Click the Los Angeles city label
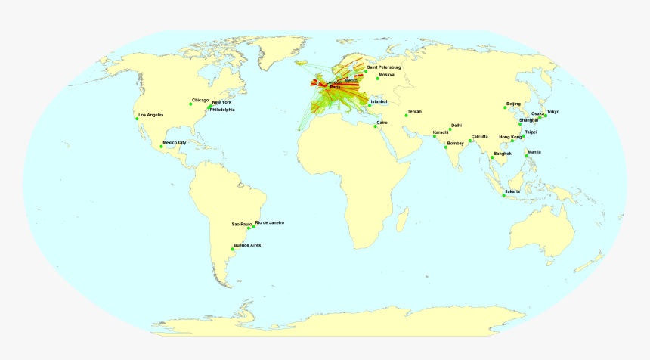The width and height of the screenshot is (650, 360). point(151,115)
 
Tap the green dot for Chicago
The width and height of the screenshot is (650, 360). point(191,104)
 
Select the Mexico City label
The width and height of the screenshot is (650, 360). point(175,142)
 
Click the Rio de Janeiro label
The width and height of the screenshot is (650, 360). point(270,222)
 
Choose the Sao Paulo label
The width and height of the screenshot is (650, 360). point(242,225)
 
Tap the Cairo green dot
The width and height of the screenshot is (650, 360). point(375,126)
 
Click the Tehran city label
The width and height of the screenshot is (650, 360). point(414,112)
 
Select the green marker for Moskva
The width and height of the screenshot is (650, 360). point(377,79)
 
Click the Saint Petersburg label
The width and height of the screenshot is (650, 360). point(383,68)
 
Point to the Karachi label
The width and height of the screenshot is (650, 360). point(441,132)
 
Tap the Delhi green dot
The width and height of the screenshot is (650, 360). point(450,130)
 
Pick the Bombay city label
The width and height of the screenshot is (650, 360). point(456,143)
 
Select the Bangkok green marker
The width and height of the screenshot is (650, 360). point(492,158)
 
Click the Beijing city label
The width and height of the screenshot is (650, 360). point(513,103)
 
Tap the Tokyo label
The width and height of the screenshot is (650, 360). point(553,111)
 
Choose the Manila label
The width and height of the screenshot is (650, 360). point(534,151)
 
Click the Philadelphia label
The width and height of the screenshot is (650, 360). point(222,110)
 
